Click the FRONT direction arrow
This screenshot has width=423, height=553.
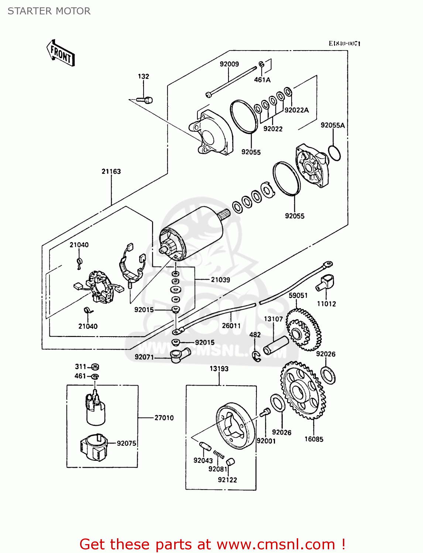61,53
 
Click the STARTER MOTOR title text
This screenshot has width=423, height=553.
49,11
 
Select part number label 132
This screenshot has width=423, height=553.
143,76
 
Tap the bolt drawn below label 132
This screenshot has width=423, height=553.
145,100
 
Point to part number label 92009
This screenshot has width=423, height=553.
229,64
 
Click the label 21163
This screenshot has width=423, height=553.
111,171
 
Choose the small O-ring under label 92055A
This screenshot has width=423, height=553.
334,153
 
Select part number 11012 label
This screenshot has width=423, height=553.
326,304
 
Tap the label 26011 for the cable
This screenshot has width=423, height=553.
231,326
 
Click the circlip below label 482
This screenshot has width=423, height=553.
256,356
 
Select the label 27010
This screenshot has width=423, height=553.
164,418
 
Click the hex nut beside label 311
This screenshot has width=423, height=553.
95,367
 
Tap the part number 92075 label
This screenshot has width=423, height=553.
126,443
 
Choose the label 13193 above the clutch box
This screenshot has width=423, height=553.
219,369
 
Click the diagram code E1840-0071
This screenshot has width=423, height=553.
344,44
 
